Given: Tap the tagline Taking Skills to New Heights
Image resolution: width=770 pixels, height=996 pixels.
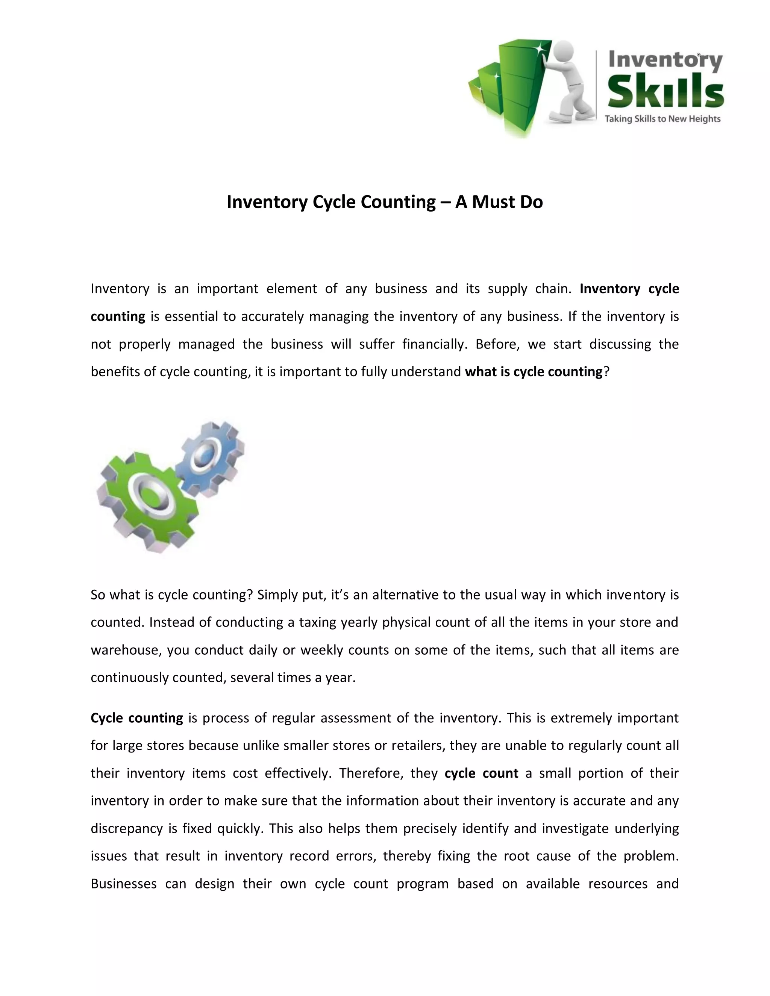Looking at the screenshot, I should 662,119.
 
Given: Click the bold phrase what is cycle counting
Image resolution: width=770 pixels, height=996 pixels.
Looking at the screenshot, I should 534,372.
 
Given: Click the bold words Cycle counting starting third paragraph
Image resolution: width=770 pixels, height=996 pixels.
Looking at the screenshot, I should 136,718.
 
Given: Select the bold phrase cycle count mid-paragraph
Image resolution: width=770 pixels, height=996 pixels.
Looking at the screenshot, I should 481,773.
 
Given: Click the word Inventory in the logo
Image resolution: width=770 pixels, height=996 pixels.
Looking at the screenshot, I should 665,60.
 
